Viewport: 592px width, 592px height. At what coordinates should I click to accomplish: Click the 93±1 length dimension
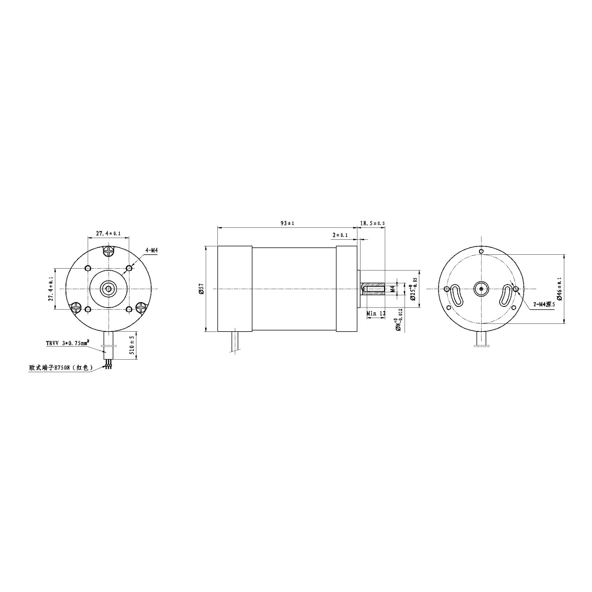click(287, 223)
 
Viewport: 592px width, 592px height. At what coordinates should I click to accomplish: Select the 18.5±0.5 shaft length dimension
click(372, 223)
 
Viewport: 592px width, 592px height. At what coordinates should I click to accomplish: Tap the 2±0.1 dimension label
click(340, 235)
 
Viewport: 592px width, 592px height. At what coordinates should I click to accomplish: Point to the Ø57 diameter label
click(201, 289)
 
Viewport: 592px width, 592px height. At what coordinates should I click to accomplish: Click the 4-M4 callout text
click(151, 250)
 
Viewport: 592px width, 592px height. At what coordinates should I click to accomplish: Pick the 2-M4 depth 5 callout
click(544, 304)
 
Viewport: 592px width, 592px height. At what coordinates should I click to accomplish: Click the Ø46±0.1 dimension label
click(560, 289)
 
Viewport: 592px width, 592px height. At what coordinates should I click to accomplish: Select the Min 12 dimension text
click(376, 313)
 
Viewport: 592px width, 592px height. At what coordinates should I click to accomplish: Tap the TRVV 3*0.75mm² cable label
click(68, 343)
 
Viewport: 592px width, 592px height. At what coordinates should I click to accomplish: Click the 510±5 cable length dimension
click(132, 345)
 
